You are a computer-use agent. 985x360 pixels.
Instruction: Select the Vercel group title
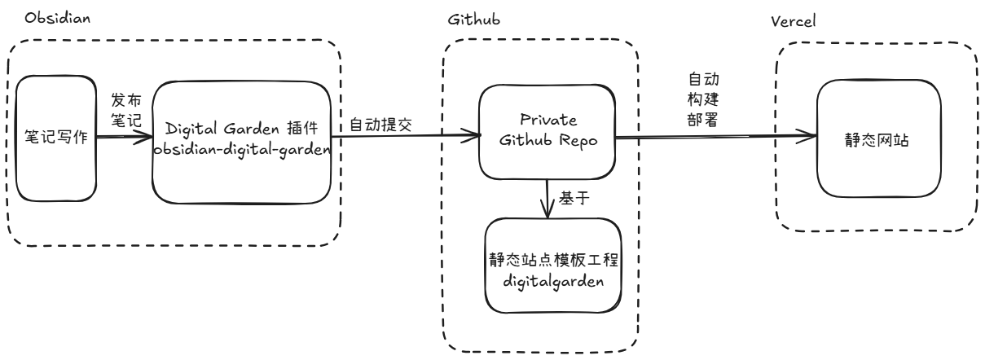click(x=793, y=20)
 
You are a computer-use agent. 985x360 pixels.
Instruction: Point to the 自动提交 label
click(x=379, y=125)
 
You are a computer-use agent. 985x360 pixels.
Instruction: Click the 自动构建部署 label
click(x=703, y=98)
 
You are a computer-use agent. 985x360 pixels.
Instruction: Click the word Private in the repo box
click(x=545, y=120)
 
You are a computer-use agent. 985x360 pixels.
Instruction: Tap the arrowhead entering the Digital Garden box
click(x=147, y=138)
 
